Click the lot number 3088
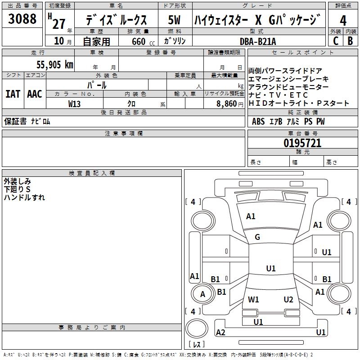(22, 19)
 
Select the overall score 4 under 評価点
(343, 20)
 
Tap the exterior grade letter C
(336, 41)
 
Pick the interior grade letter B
(351, 41)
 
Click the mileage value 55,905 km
(55, 65)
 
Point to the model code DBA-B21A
(258, 41)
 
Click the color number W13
(74, 104)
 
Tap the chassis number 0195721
(302, 143)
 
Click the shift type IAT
(13, 94)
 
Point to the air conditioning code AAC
(35, 94)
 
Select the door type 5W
(174, 20)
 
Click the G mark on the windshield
(257, 237)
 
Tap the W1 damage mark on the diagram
(253, 300)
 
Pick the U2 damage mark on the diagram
(288, 300)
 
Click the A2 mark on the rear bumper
(220, 332)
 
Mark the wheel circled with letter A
(202, 294)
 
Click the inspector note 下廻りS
(17, 189)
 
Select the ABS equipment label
(258, 121)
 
